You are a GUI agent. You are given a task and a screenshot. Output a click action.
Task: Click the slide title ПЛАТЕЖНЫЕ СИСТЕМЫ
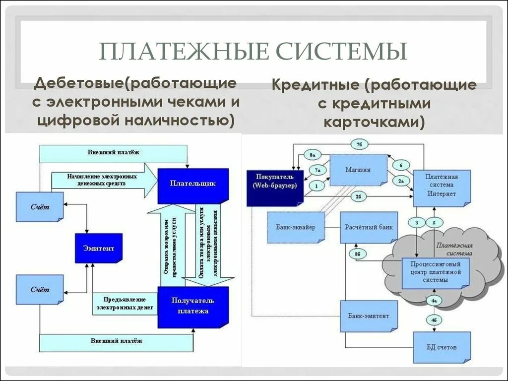(x=253, y=52)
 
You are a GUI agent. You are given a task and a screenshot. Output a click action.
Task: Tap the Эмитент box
(x=98, y=248)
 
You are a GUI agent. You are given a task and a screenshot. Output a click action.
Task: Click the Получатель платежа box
(x=192, y=307)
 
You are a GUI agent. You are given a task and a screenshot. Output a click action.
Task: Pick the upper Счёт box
(x=39, y=206)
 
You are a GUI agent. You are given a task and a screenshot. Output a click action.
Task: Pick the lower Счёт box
(x=39, y=289)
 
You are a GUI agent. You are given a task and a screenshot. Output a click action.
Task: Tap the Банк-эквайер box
(x=295, y=227)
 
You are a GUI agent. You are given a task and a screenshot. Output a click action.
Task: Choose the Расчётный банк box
(x=369, y=227)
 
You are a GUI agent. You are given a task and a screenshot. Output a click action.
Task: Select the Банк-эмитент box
(x=368, y=316)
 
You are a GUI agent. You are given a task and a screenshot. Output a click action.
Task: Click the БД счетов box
(x=441, y=347)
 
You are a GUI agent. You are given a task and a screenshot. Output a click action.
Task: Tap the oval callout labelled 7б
(x=359, y=144)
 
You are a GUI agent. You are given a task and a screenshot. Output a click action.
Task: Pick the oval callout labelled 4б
(x=434, y=320)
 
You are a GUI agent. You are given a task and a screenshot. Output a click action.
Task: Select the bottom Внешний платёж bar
(x=116, y=341)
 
